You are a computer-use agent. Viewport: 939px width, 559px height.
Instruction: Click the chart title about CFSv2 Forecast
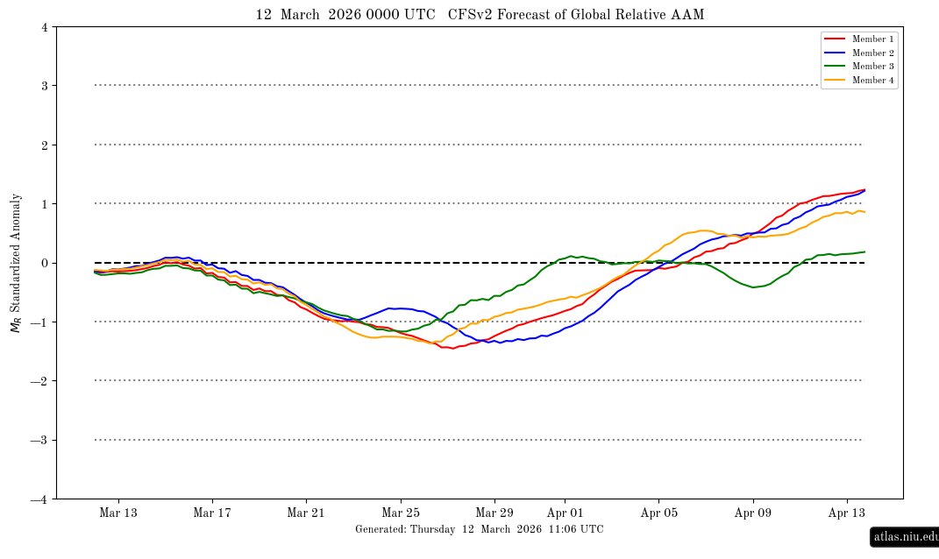pos(480,15)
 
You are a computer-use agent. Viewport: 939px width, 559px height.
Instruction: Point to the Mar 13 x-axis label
pos(117,513)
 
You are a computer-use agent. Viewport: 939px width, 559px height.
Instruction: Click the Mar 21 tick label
pos(306,513)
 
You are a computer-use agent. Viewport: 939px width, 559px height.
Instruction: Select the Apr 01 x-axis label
pos(565,513)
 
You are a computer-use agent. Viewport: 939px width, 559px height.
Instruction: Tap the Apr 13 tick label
pos(848,513)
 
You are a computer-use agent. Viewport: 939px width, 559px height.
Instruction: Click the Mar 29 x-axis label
pos(494,513)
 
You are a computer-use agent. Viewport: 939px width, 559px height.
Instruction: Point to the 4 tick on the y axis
pos(44,27)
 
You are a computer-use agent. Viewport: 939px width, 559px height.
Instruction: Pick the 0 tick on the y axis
pos(44,263)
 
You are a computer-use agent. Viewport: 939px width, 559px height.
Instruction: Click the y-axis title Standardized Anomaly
pos(16,263)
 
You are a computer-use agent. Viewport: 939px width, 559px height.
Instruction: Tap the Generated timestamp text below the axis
pos(480,529)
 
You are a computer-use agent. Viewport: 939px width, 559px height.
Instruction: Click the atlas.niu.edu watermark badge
pos(906,536)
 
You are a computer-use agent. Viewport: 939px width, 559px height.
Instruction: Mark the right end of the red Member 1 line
pos(864,189)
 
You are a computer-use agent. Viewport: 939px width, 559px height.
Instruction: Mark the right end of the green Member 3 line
pos(864,251)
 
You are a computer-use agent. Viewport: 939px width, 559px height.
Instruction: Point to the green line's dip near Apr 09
pos(753,287)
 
